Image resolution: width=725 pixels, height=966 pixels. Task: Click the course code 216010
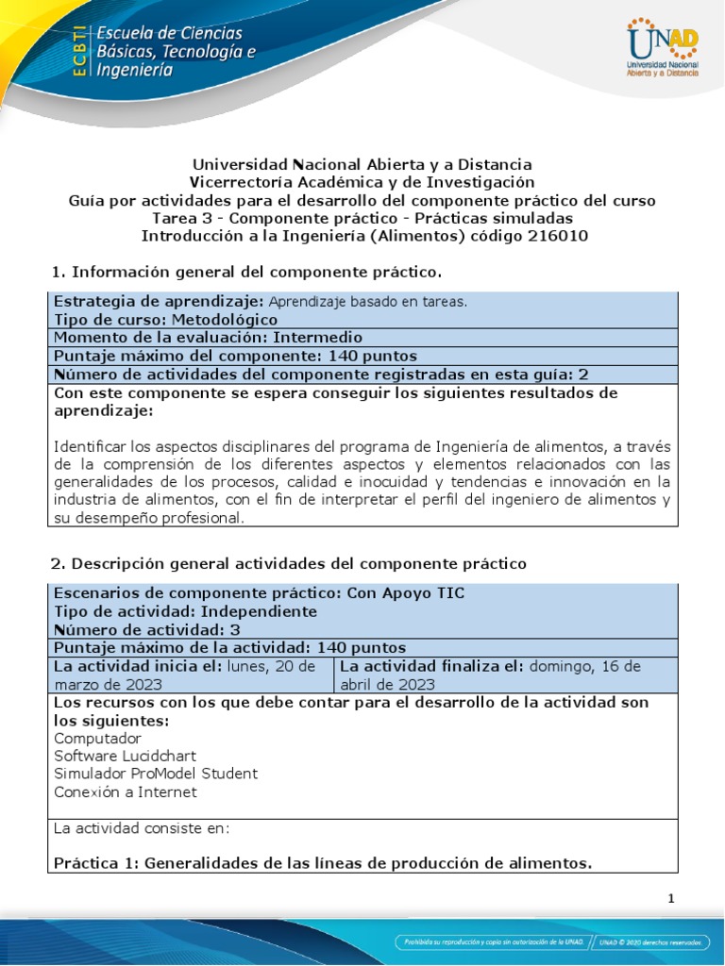(x=556, y=237)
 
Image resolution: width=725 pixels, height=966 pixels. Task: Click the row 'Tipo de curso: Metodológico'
(x=166, y=320)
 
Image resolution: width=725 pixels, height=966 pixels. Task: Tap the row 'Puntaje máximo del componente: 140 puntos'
(x=236, y=357)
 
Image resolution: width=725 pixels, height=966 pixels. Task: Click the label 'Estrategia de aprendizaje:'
(x=159, y=302)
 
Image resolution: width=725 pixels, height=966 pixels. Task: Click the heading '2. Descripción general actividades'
(x=288, y=563)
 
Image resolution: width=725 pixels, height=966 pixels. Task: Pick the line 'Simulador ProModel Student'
(x=155, y=774)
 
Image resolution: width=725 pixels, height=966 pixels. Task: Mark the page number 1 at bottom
(x=671, y=899)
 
